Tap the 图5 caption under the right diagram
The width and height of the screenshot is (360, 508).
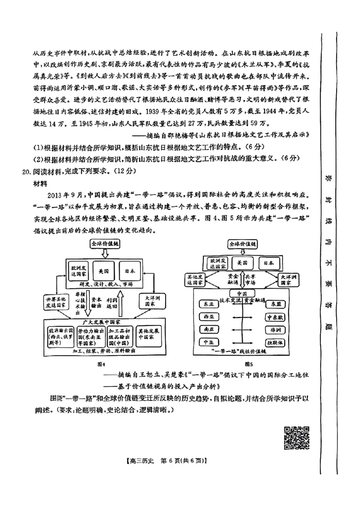click(249, 363)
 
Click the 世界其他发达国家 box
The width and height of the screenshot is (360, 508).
click(56, 302)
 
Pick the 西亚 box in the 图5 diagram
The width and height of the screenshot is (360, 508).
click(209, 317)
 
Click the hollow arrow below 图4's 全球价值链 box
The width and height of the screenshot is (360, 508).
click(104, 254)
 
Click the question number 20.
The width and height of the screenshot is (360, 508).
click(27, 171)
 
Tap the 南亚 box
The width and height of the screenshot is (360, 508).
click(209, 330)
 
